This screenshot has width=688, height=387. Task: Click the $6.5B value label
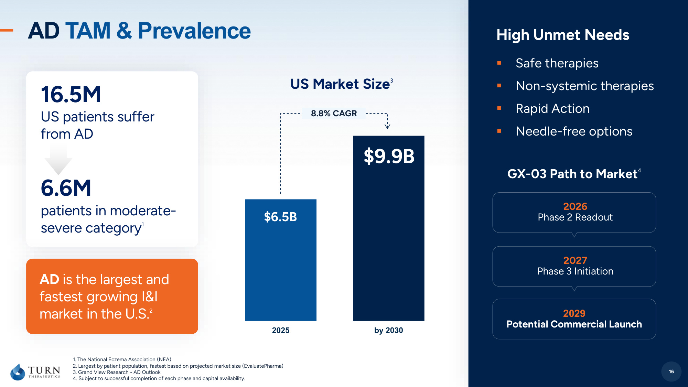pos(280,217)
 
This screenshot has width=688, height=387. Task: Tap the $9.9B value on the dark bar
pos(389,156)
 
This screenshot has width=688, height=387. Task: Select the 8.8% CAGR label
pos(334,113)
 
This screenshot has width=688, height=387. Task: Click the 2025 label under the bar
pos(281,330)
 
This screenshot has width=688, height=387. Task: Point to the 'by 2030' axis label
pos(388,330)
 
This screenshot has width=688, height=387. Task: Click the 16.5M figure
pos(71,95)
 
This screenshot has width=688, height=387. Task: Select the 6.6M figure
pos(66,188)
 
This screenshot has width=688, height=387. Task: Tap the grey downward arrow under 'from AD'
pos(58,160)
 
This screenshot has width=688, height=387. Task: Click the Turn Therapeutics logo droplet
pos(18,372)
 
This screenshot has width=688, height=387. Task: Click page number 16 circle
pos(671,372)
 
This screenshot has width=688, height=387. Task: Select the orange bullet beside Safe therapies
pos(499,63)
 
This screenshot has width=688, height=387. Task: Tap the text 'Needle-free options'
pos(574,131)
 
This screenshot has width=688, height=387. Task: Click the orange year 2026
pos(575,206)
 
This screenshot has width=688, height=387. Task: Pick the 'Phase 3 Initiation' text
pos(575,271)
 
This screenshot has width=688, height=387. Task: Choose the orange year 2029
pos(574,313)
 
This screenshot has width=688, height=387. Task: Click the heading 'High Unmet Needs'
pos(563,35)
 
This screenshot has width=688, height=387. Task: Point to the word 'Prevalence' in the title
pos(194,31)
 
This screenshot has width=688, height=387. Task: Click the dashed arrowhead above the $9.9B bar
pos(387,126)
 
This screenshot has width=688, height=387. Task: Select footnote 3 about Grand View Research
pos(117,372)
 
